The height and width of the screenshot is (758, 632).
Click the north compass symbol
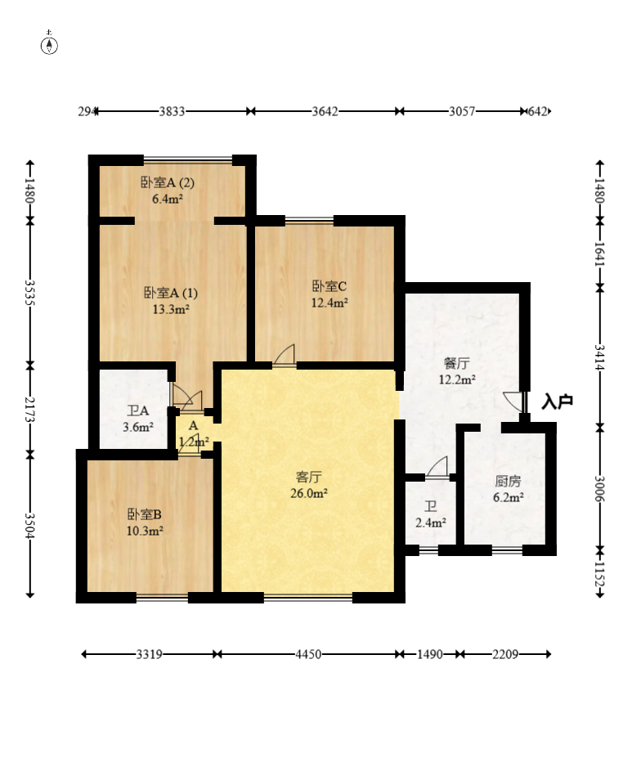coord(49,43)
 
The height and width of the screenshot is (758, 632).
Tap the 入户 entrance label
coord(557,401)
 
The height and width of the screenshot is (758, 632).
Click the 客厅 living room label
coord(309,478)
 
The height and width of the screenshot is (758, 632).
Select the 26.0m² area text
coord(309,493)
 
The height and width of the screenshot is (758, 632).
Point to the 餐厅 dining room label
coord(456,363)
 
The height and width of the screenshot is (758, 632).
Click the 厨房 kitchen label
coord(509,481)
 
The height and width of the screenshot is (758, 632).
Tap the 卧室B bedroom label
coord(145,514)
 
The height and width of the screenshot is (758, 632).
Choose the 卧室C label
coord(329,286)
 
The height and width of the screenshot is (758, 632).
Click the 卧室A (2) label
coord(168,182)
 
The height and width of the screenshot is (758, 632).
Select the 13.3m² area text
coord(171,309)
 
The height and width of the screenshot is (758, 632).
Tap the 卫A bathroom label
coord(138,411)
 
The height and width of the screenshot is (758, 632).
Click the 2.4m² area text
coord(431,523)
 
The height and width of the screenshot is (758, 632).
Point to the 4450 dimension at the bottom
coord(308,654)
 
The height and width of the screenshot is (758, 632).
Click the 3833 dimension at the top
coord(172,111)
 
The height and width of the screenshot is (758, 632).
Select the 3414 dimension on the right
coord(599,357)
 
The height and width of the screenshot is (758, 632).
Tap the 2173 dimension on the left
coord(30,409)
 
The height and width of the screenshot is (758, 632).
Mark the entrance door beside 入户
coord(514,401)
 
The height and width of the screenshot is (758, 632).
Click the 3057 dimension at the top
coord(462,111)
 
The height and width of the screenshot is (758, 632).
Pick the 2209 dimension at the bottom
coord(505,654)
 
